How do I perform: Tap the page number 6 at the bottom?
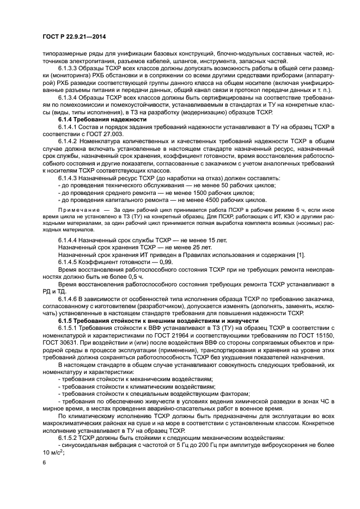click(45, 462)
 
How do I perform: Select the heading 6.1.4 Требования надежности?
click(102, 119)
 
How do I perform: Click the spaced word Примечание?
click(76, 210)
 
